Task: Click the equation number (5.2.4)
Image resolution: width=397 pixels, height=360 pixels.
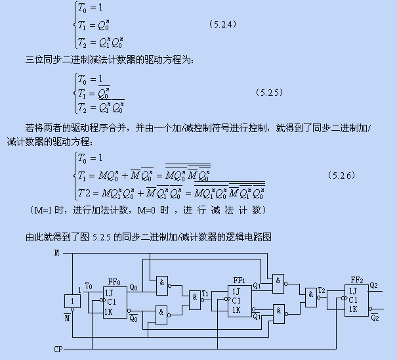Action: point(223,24)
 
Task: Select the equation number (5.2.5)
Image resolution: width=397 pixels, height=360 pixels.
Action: point(269,93)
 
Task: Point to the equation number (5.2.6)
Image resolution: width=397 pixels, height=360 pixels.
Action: point(341,175)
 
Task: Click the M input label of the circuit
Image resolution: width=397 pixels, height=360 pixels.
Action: point(57,253)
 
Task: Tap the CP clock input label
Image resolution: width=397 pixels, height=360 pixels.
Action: point(58,349)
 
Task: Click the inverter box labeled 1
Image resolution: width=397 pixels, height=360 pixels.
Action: point(72,302)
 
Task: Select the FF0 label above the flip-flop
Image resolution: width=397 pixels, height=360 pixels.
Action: point(114,282)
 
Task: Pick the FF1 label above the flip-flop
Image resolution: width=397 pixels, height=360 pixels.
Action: point(239,281)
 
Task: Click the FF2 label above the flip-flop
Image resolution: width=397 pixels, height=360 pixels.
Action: point(357,280)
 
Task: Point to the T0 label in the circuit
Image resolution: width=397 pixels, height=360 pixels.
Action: point(89,286)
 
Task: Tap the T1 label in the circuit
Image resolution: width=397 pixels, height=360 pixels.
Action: point(205,294)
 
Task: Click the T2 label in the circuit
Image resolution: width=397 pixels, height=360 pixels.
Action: point(322,290)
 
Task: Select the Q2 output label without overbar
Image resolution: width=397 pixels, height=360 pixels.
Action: point(374,286)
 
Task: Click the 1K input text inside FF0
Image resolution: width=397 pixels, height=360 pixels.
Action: point(108,311)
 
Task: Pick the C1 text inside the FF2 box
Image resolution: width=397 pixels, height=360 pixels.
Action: point(353,300)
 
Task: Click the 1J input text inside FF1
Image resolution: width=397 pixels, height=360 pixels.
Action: point(236,292)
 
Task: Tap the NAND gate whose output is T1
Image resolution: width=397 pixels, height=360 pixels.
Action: point(195,300)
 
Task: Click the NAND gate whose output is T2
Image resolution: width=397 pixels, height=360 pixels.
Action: point(311,298)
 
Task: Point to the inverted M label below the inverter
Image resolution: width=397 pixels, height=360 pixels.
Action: point(67,317)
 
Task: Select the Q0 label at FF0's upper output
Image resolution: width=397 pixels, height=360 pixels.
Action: point(133,287)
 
